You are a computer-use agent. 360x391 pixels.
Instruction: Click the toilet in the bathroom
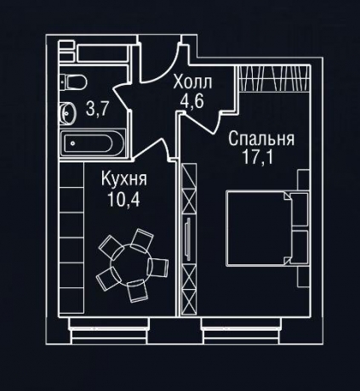[75, 82]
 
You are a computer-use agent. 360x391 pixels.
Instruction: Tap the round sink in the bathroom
[67, 111]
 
